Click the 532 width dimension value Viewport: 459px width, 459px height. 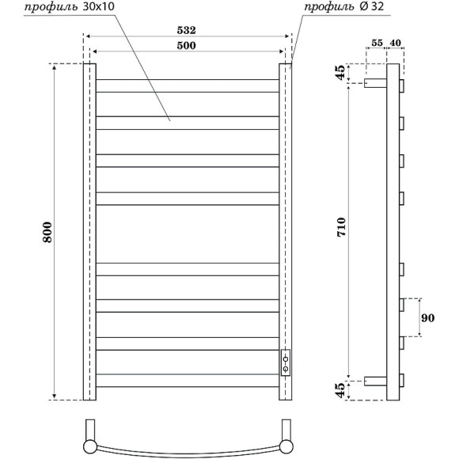[x=187, y=30]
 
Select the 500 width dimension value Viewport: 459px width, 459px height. [x=187, y=46]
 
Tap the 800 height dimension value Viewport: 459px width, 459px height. [x=47, y=231]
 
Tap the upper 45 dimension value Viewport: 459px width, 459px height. [x=341, y=73]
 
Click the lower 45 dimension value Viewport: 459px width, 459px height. [x=341, y=390]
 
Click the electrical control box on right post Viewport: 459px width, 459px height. [x=285, y=362]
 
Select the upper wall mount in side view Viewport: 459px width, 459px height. [x=375, y=82]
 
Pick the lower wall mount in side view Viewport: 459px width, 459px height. [x=375, y=381]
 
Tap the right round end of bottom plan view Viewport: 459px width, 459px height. [x=286, y=447]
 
